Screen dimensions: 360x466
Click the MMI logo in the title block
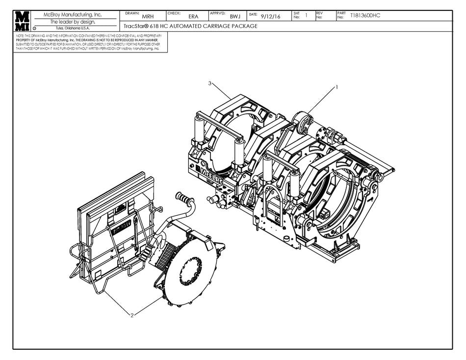coord(22,21)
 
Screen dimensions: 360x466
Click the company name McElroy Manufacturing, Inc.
coord(73,15)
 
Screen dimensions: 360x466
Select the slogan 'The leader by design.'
coord(73,22)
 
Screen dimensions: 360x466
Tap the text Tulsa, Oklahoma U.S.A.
coord(73,28)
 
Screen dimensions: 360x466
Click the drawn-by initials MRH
coord(148,17)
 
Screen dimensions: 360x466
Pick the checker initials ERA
coord(193,17)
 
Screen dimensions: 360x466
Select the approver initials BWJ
coord(234,17)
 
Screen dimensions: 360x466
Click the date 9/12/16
coord(271,16)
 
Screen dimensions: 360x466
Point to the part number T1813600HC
coord(365,16)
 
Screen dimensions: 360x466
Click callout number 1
coord(337,87)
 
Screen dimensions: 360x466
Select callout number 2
coord(131,315)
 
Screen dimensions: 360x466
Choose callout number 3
coord(210,83)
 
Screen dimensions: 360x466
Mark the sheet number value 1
coord(306,16)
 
